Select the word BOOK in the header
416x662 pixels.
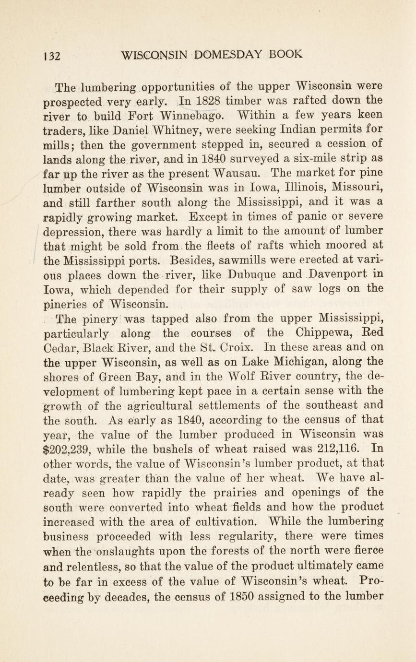click(x=286, y=54)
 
